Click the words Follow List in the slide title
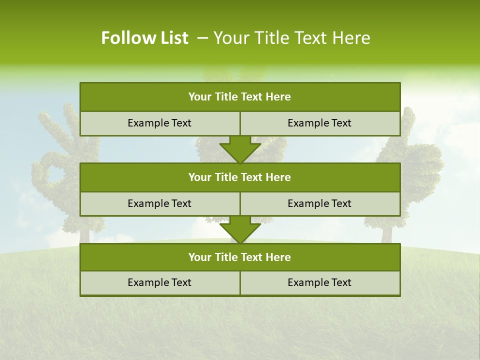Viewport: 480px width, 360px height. click(144, 38)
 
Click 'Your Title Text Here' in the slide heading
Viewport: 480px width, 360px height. click(291, 38)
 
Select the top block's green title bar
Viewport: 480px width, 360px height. click(240, 97)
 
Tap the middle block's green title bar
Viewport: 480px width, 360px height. click(240, 177)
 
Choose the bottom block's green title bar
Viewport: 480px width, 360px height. click(240, 257)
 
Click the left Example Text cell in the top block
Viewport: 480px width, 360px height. click(159, 123)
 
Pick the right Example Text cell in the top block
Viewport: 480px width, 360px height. click(319, 123)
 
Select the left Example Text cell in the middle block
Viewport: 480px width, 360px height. click(159, 203)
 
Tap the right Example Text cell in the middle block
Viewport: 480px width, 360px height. click(319, 203)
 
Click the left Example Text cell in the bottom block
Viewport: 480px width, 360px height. click(159, 282)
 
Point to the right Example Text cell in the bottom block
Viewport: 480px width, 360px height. click(319, 282)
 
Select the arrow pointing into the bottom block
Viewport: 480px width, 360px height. click(240, 229)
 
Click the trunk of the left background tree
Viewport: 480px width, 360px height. click(84, 235)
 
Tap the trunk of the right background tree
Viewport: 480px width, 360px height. click(386, 234)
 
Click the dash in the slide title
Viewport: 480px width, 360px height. click(202, 38)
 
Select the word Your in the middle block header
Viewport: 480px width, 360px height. click(199, 177)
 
